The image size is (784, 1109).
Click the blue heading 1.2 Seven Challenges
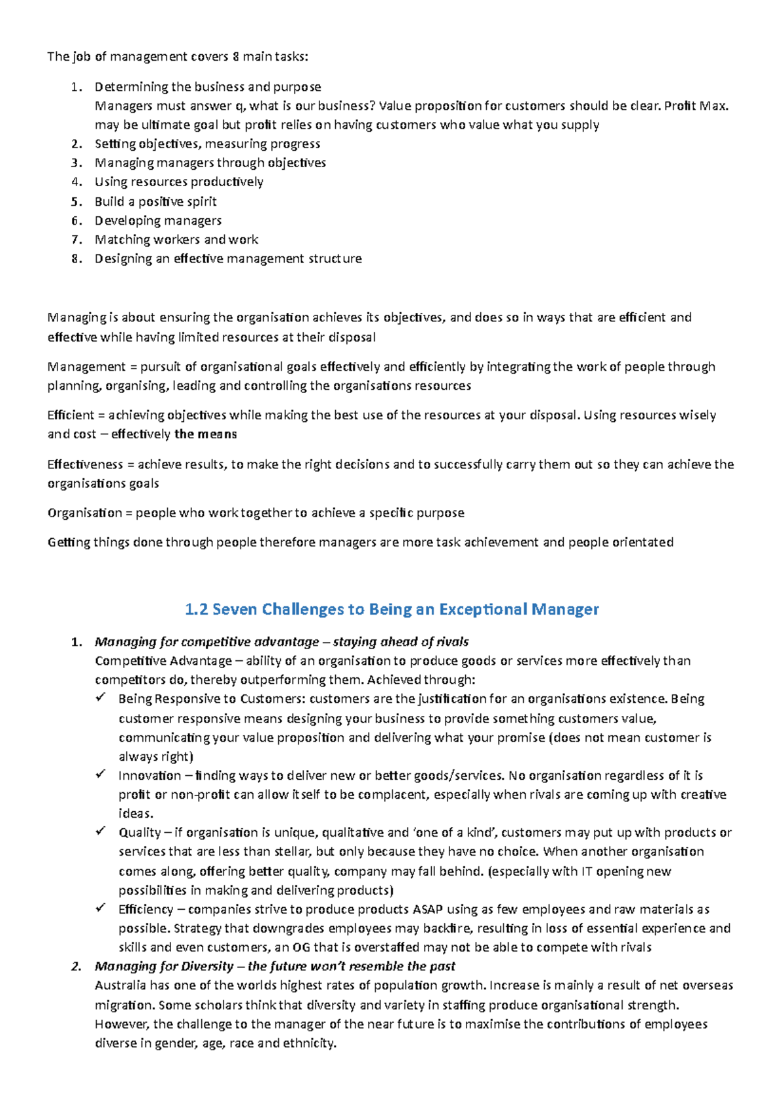[392, 609]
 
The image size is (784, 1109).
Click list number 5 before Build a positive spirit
[76, 202]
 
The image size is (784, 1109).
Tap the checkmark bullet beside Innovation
[101, 775]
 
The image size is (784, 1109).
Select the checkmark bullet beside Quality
[101, 831]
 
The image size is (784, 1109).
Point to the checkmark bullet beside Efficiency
[101, 908]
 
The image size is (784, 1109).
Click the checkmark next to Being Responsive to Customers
[101, 698]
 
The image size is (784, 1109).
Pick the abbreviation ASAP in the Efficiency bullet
[427, 909]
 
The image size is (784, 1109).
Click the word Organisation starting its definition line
[84, 513]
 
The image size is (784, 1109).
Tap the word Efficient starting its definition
[71, 415]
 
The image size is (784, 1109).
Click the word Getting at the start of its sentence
[69, 542]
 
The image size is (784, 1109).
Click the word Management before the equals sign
[86, 366]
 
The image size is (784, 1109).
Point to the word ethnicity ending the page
[308, 1043]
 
